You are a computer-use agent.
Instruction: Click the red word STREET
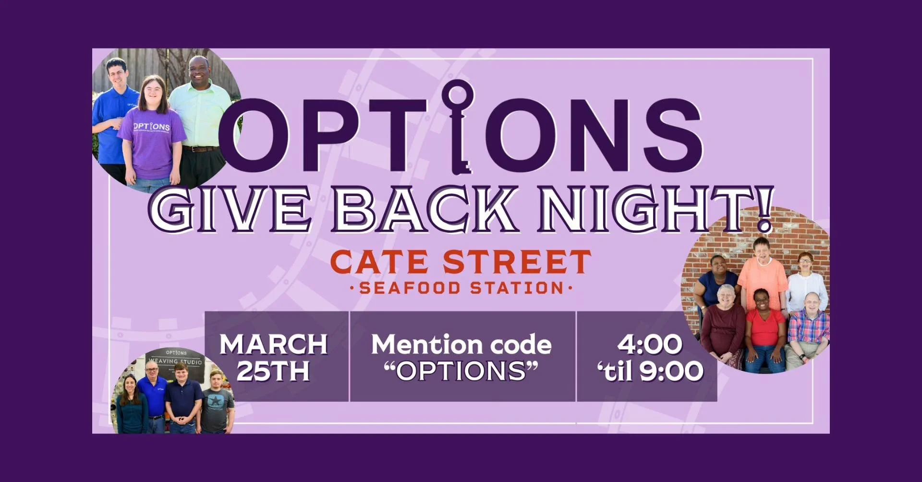[x=517, y=262]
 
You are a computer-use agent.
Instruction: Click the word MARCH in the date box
[x=274, y=344]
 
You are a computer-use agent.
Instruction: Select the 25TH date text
[x=273, y=371]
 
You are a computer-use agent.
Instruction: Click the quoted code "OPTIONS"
[x=461, y=371]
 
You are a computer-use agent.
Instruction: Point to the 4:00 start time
[x=649, y=344]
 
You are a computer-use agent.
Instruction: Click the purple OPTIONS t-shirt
[x=151, y=144]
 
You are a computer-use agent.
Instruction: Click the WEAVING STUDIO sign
[x=176, y=361]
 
